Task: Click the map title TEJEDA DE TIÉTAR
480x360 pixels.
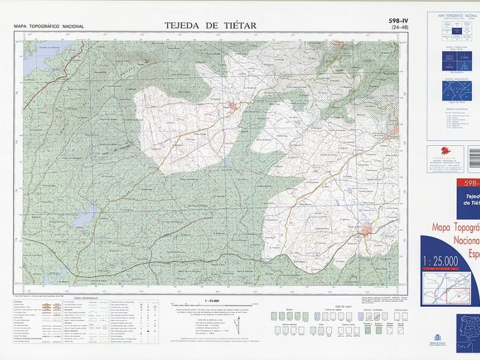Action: [x=210, y=25]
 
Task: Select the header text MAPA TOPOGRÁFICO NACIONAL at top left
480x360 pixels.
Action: [x=49, y=26]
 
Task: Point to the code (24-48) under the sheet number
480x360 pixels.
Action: [x=398, y=28]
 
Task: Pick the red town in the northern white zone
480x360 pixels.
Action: [x=232, y=107]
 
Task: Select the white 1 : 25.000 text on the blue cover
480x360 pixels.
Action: [x=441, y=260]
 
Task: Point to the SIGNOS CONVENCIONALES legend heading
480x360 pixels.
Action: [x=89, y=299]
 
